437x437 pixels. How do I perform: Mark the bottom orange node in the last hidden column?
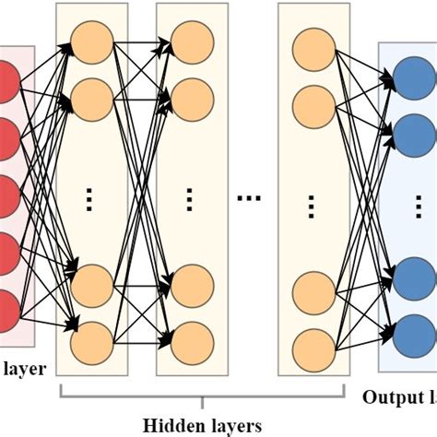(x=311, y=345)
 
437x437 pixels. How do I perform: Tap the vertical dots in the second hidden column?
(x=191, y=197)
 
